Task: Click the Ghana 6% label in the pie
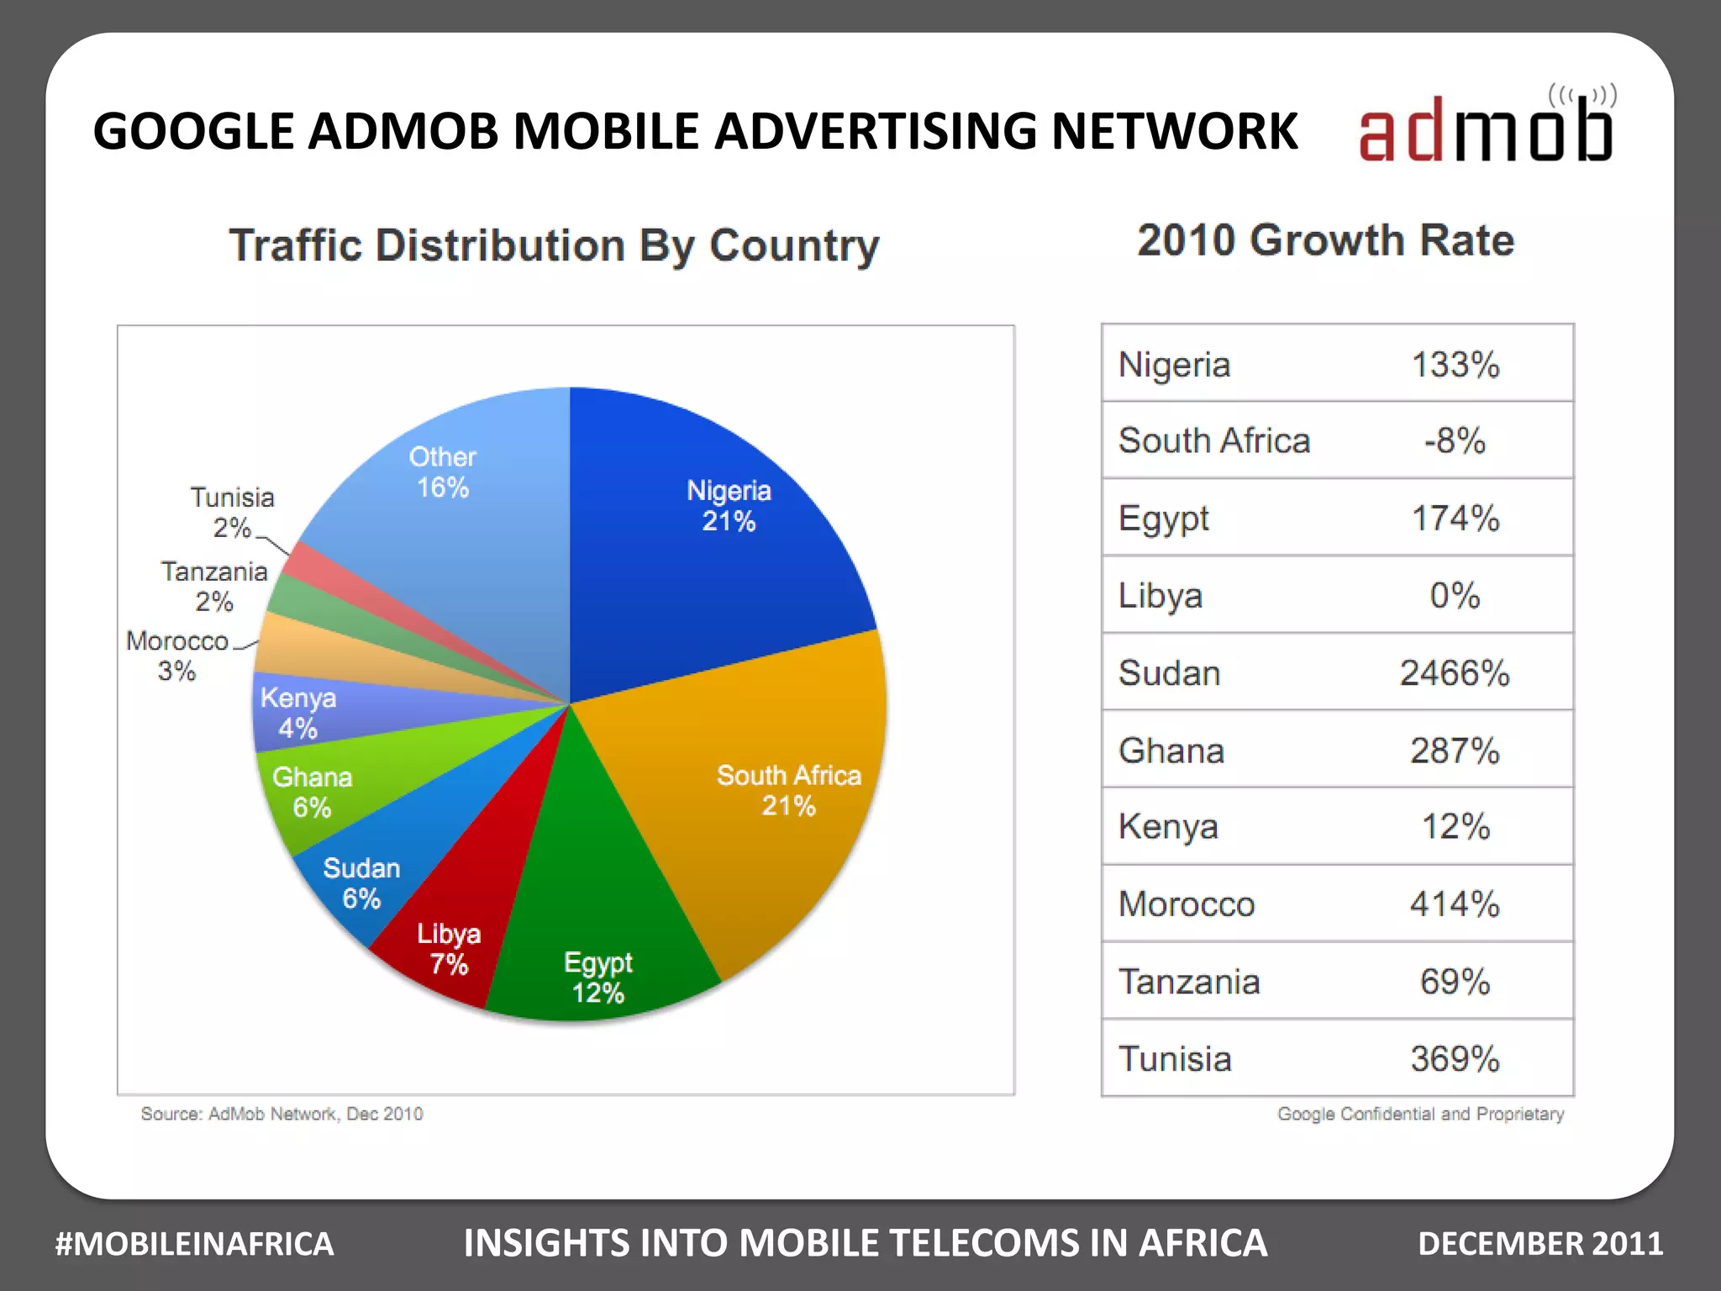click(312, 792)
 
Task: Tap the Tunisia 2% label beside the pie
click(232, 512)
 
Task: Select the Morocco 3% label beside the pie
click(177, 656)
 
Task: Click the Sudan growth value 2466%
click(1454, 672)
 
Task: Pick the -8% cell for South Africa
click(1455, 440)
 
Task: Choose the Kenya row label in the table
click(1168, 827)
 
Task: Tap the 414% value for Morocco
click(1455, 904)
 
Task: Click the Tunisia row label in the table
click(1175, 1059)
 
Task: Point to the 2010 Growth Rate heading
click(1325, 240)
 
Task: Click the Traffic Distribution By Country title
click(555, 245)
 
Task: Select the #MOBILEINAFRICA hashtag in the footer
click(194, 1244)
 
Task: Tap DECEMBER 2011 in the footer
click(1539, 1244)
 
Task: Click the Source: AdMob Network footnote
click(282, 1114)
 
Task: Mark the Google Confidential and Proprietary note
click(1420, 1114)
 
